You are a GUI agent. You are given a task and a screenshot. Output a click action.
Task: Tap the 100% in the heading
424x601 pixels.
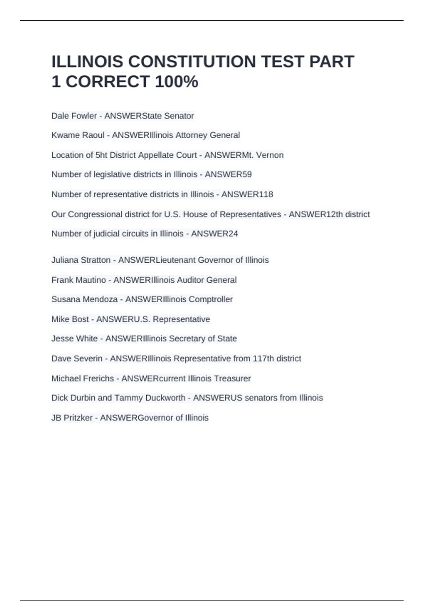(176, 82)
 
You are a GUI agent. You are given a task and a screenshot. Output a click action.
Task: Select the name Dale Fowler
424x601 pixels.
(74, 116)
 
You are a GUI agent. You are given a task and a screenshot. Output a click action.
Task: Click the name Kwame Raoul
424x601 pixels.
(78, 135)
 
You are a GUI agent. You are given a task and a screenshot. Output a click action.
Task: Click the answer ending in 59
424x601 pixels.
(228, 175)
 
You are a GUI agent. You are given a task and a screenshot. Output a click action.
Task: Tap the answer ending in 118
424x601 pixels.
(247, 194)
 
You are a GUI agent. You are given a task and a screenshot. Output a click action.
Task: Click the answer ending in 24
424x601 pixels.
(214, 234)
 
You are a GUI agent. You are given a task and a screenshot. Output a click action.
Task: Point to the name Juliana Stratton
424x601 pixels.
(81, 260)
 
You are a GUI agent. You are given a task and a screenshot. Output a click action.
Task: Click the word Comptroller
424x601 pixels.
(211, 299)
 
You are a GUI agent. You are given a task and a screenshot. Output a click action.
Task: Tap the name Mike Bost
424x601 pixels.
(70, 319)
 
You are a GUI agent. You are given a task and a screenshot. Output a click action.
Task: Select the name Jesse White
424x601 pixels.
(74, 339)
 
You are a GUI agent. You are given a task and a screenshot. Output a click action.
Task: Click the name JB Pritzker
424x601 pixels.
(72, 418)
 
